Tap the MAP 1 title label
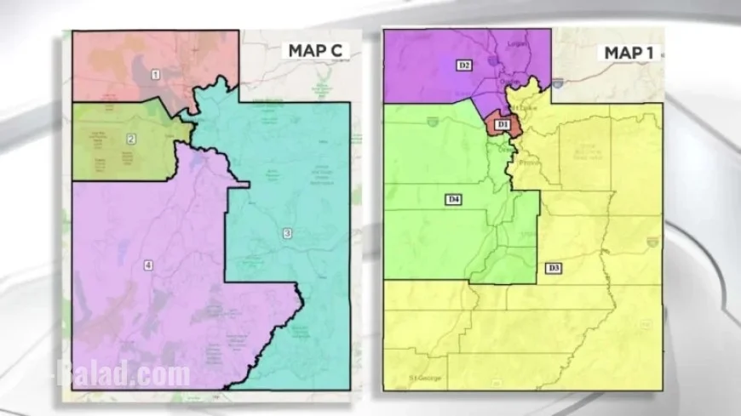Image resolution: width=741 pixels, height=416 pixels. point(629,53)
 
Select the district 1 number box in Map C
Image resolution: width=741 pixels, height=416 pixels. point(155,75)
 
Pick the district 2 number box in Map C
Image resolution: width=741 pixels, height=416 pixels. point(131,139)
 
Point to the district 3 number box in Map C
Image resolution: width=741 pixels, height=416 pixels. point(287,233)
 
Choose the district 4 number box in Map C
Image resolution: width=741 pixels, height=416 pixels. point(148,265)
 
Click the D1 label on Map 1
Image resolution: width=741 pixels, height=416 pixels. point(503,125)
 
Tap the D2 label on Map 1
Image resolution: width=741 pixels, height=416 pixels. point(464,65)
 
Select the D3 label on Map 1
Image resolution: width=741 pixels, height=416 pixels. point(554,269)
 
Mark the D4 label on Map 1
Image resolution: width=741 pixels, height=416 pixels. point(454,199)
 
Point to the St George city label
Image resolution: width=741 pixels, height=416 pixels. point(425,377)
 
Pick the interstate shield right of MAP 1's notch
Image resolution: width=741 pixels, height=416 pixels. point(558,83)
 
